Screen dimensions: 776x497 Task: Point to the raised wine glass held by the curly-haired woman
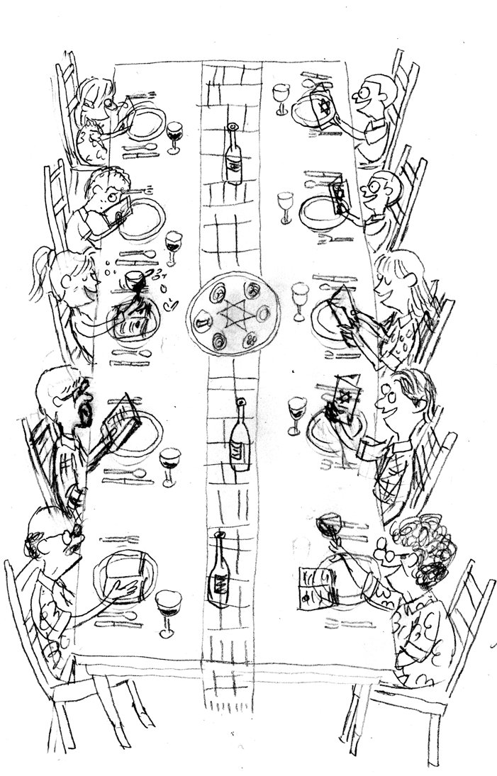(330, 525)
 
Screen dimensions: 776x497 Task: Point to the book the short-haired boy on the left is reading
(113, 213)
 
